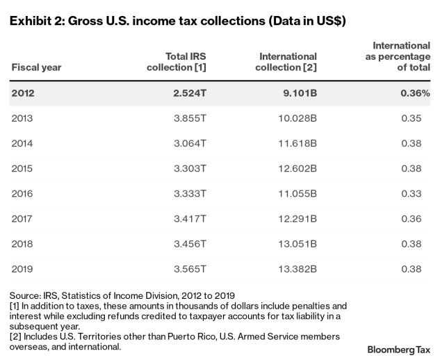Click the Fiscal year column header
(36, 67)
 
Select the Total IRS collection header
(177, 61)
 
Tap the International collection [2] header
(286, 61)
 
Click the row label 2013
(22, 118)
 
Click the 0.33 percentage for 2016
(419, 193)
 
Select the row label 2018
(22, 243)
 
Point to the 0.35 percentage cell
(419, 118)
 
